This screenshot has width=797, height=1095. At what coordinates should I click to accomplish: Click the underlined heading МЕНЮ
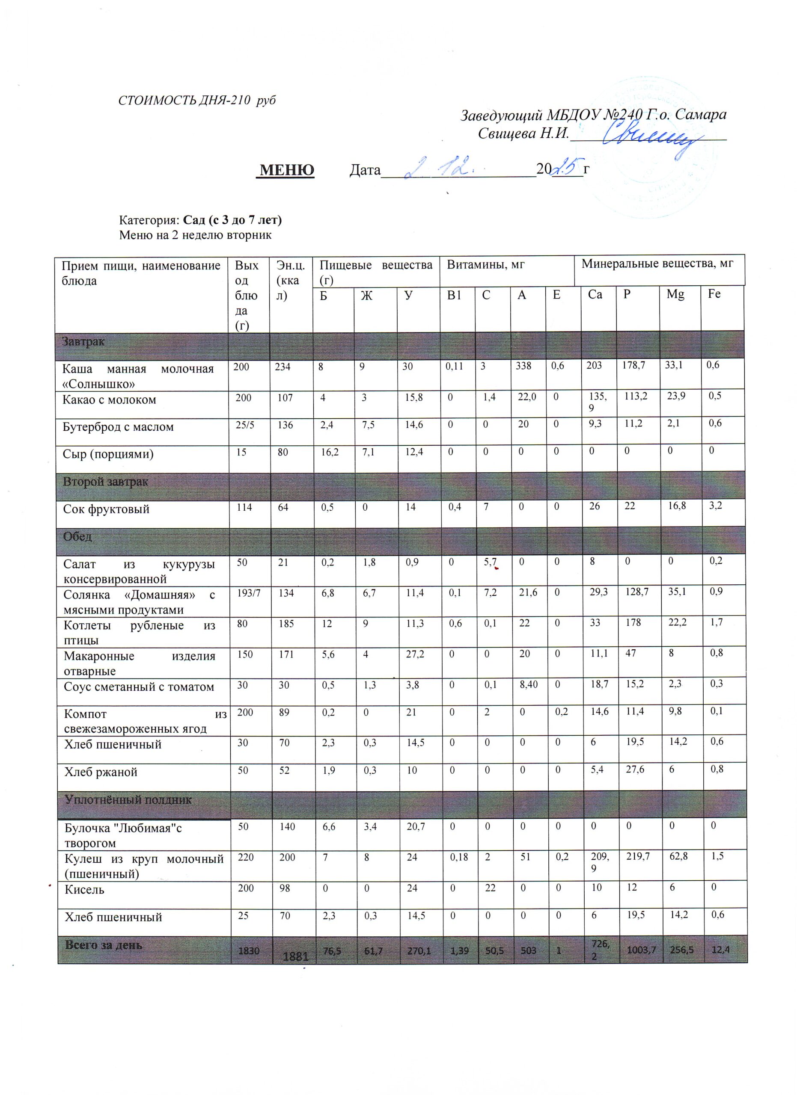coord(287,170)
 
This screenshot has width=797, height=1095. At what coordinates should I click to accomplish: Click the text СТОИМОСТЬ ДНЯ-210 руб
coord(196,101)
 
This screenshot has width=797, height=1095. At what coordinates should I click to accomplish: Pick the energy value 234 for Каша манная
coord(283,367)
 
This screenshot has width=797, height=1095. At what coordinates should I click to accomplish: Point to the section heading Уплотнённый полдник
coord(128,800)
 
